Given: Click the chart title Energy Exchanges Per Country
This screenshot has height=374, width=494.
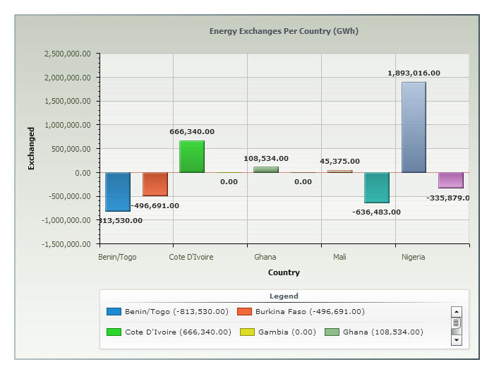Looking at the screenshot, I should (284, 31).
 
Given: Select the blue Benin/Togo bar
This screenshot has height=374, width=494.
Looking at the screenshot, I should (118, 191).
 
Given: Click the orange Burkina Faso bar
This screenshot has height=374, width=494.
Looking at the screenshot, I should (155, 183).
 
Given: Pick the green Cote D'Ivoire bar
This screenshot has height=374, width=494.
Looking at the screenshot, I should (192, 157).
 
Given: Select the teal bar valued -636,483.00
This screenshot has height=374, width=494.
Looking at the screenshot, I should (377, 187).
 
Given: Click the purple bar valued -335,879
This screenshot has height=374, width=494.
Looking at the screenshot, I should (450, 180).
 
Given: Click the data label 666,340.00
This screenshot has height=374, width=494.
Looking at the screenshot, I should (192, 131).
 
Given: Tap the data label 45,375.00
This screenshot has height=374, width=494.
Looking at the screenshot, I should (339, 162).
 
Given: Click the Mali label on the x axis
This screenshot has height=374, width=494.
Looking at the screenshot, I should (339, 258).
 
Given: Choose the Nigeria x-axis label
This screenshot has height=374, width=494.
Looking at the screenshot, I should (414, 258).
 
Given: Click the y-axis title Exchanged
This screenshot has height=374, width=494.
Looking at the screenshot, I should (31, 148).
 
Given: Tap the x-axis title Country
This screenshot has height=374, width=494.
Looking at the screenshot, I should (284, 272).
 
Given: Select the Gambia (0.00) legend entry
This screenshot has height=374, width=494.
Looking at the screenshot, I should (278, 332).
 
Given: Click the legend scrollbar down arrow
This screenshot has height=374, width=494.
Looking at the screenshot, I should (456, 340).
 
